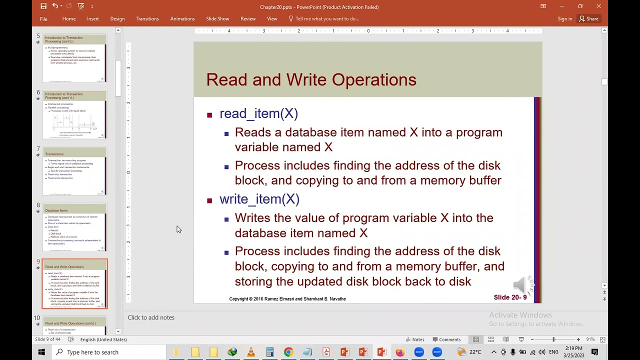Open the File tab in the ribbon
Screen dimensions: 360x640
43,19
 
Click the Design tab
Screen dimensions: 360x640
117,19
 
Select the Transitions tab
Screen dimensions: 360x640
147,19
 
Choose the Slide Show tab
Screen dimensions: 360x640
217,19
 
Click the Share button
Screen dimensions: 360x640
588,19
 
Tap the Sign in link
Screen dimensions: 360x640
565,19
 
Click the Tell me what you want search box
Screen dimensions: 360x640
327,19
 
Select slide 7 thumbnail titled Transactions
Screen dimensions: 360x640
74,171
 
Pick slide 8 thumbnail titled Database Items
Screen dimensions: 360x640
74,227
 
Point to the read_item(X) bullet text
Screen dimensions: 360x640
258,114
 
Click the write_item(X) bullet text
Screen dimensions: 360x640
259,199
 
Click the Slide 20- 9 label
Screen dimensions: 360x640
510,297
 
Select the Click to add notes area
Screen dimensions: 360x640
151,317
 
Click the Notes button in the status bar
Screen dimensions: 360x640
414,339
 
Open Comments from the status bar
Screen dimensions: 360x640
446,339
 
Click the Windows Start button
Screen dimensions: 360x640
41,352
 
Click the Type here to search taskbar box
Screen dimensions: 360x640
110,352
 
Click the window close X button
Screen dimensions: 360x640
598,6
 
